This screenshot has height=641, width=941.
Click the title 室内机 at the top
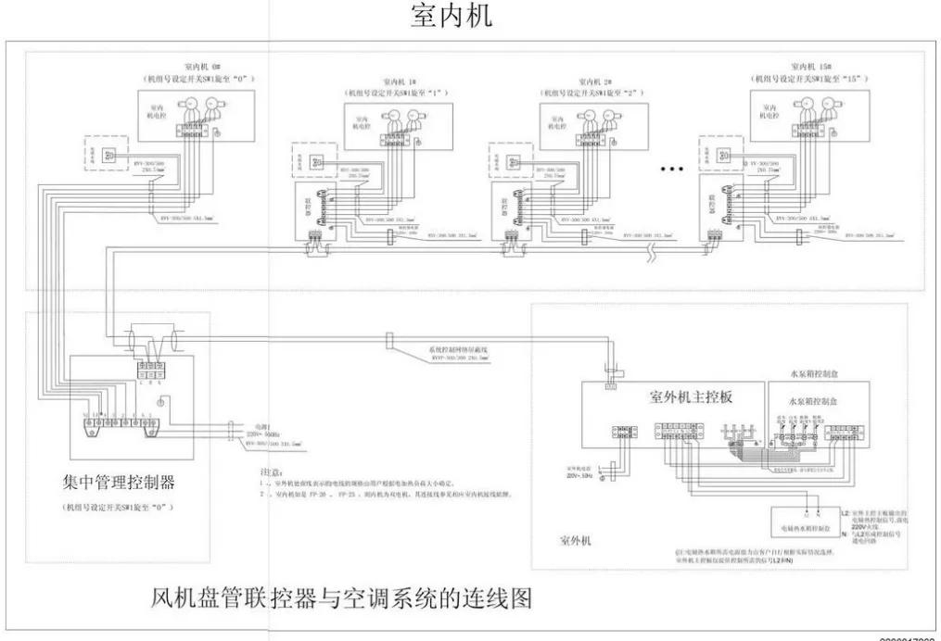451,18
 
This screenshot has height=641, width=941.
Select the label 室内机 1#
397,82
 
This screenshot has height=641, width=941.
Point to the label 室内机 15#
809,67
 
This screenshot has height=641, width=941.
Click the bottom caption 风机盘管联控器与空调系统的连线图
341,598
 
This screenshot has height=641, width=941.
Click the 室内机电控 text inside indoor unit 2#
554,121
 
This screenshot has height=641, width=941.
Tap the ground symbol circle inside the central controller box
161,401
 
